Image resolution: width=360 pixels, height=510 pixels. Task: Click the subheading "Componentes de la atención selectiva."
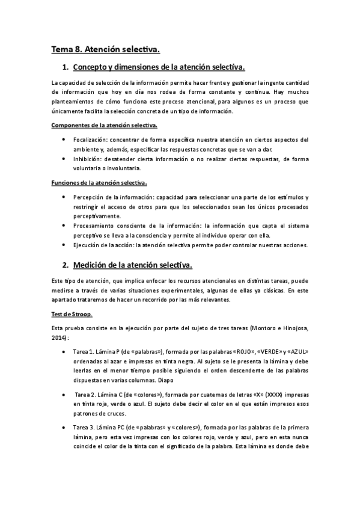(x=105, y=125)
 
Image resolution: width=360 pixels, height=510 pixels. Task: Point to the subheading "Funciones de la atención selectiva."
(x=99, y=182)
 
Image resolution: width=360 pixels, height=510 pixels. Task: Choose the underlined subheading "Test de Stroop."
(x=72, y=315)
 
